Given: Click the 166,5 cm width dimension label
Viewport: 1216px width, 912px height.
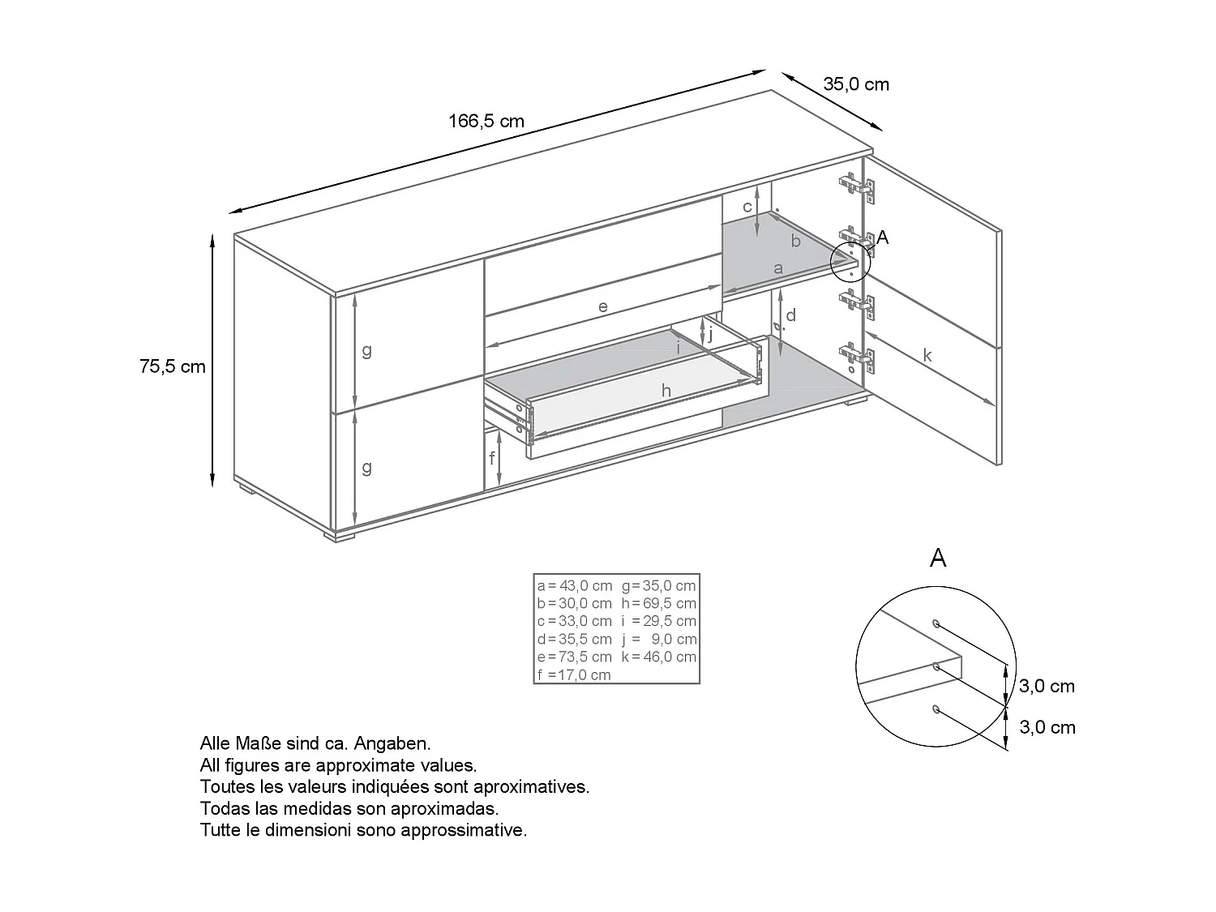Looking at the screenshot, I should pyautogui.click(x=486, y=122).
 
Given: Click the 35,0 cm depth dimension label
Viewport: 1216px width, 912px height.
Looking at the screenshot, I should pyautogui.click(x=856, y=84).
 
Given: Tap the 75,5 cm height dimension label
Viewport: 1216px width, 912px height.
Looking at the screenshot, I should pyautogui.click(x=173, y=366).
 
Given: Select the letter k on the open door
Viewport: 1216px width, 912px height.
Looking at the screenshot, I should pyautogui.click(x=927, y=356).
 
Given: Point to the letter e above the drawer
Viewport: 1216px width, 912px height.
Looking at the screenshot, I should pyautogui.click(x=602, y=307).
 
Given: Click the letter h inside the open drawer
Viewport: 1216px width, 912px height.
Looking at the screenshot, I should pyautogui.click(x=666, y=392).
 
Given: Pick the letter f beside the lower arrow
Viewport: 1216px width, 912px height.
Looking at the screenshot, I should pyautogui.click(x=491, y=458).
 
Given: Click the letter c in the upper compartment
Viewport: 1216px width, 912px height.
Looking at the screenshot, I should pyautogui.click(x=747, y=208).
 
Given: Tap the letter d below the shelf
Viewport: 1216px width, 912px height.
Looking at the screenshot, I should pyautogui.click(x=791, y=315).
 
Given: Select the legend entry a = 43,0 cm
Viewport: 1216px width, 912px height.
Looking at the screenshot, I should pyautogui.click(x=575, y=585).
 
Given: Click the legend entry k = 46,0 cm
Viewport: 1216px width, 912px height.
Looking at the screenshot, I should pyautogui.click(x=659, y=657).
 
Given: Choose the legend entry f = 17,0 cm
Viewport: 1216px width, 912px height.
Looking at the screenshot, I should pyautogui.click(x=574, y=674).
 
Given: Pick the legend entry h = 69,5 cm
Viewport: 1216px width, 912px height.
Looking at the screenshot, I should pyautogui.click(x=659, y=603).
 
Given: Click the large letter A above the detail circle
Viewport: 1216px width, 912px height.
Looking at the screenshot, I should pyautogui.click(x=938, y=558).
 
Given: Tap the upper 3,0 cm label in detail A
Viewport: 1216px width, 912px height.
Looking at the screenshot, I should pyautogui.click(x=1047, y=687).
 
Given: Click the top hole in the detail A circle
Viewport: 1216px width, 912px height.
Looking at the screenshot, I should pyautogui.click(x=936, y=623).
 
